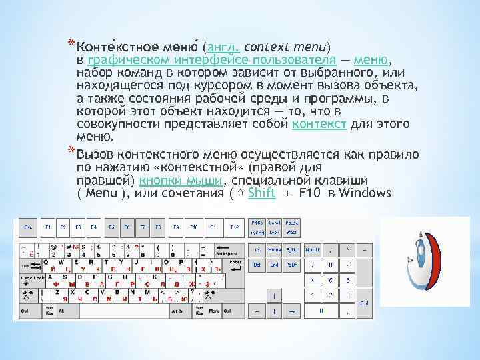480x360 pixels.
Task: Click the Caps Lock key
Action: tap(31, 277)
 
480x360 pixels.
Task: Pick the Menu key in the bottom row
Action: tap(215, 311)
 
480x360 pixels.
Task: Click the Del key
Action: tap(257, 265)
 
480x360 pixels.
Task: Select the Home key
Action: tap(274, 250)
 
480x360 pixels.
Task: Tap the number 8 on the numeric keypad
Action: tap(329, 265)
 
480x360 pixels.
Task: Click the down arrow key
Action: tap(274, 311)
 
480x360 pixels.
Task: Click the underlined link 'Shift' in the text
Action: tap(261, 193)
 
